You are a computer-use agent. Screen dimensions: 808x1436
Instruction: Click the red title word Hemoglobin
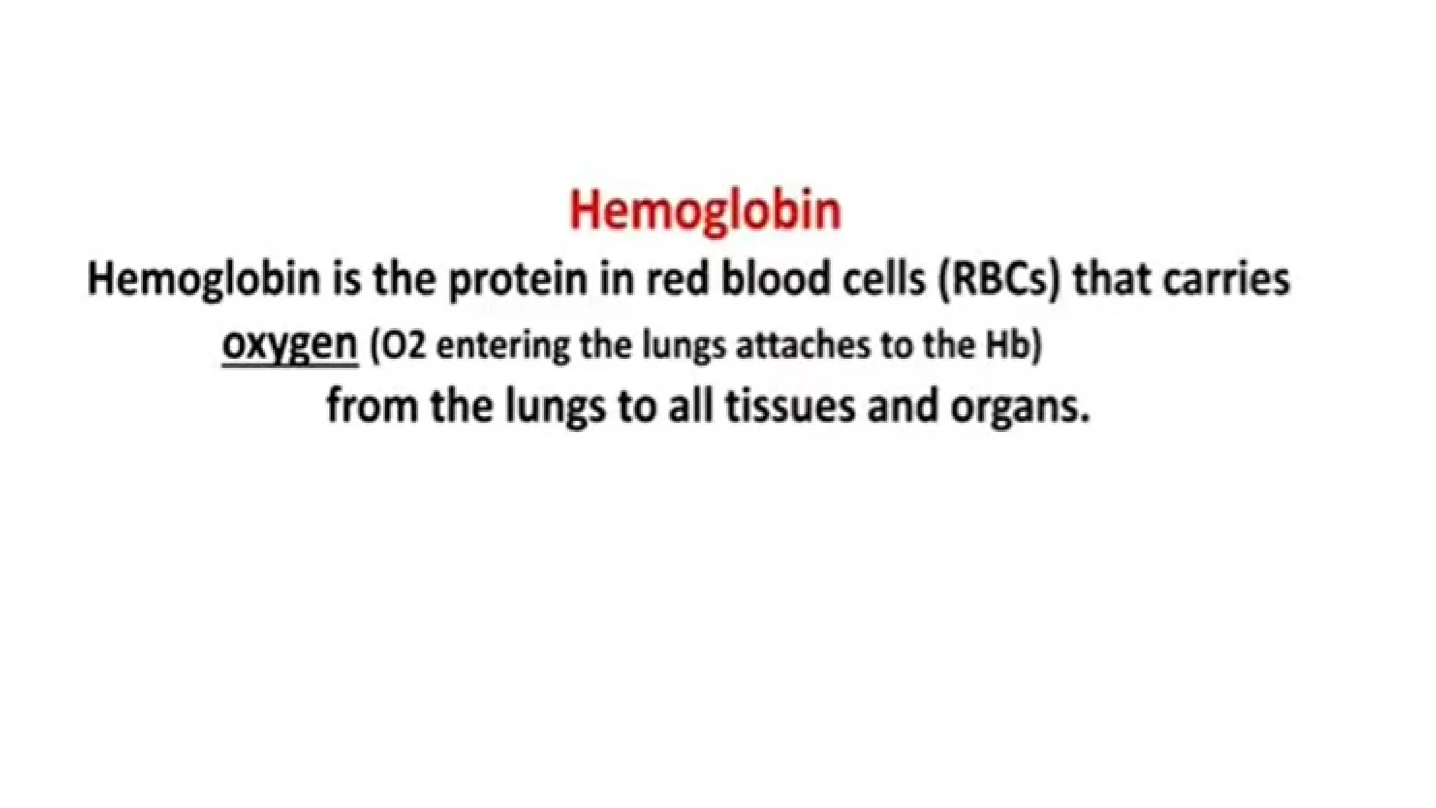click(x=705, y=210)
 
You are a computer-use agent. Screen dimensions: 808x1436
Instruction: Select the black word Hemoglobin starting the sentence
click(x=203, y=279)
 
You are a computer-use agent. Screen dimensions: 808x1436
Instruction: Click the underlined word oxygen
click(x=290, y=345)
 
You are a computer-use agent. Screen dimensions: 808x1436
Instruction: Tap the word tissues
click(x=790, y=406)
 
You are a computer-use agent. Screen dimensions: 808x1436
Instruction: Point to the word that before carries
click(x=1111, y=278)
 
